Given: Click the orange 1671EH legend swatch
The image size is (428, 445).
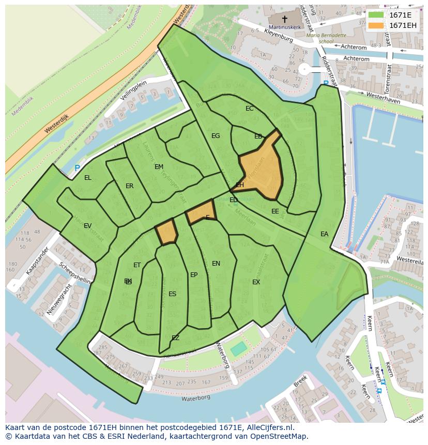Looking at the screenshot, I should click(377, 25).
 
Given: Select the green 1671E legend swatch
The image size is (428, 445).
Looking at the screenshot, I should click(377, 15).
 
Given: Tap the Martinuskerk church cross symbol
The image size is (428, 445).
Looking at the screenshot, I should click(284, 19).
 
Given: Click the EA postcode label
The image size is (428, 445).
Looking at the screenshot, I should click(324, 234).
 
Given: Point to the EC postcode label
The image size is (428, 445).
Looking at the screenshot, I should click(250, 109).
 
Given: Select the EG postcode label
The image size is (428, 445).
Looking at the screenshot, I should click(216, 136).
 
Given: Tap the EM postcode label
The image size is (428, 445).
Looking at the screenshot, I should click(159, 167).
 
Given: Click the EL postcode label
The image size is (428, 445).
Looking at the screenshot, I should click(88, 178).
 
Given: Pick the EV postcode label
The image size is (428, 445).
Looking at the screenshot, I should click(87, 226).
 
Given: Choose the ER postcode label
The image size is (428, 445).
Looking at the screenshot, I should click(130, 186).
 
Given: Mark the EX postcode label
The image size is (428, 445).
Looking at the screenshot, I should click(256, 282).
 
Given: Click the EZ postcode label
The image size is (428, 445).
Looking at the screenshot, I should click(175, 338).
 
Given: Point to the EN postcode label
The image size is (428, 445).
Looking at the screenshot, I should click(216, 264).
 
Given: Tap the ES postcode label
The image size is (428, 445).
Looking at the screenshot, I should click(173, 294).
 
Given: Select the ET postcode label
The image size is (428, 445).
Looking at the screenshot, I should click(137, 265).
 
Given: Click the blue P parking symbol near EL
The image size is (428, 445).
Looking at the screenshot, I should click(77, 168).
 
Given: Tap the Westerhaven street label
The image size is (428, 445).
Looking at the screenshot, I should click(383, 98).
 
